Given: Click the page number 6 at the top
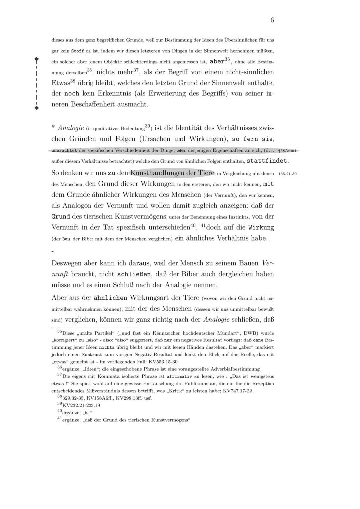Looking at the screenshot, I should pos(273,20).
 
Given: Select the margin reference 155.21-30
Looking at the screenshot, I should pos(287,174).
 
